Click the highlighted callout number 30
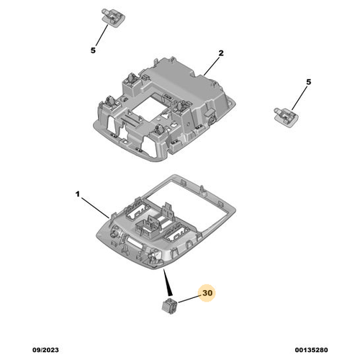tap(207, 293)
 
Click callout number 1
tap(77, 194)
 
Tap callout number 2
tap(221, 53)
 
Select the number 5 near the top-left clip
tap(93, 50)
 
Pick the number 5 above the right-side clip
tap(309, 82)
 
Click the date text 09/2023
tap(45, 350)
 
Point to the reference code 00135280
tap(311, 350)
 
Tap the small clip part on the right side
tap(287, 117)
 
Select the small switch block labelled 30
tap(170, 306)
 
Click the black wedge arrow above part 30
tap(168, 282)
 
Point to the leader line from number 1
tap(95, 207)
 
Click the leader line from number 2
tap(212, 66)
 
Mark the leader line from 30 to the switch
tap(189, 300)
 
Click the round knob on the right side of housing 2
tap(212, 118)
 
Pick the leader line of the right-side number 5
tap(300, 99)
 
